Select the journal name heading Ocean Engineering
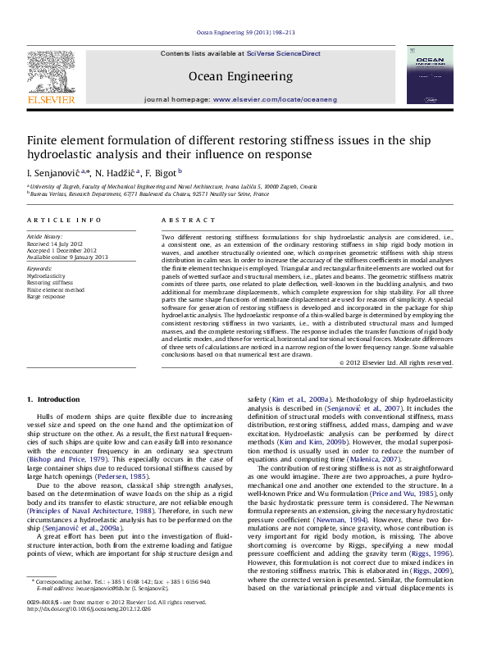pyautogui.click(x=240, y=76)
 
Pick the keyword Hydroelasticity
pyautogui.click(x=46, y=276)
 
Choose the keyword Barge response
pyautogui.click(x=46, y=296)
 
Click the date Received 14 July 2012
pyautogui.click(x=56, y=244)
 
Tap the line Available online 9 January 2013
pyautogui.click(x=67, y=257)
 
